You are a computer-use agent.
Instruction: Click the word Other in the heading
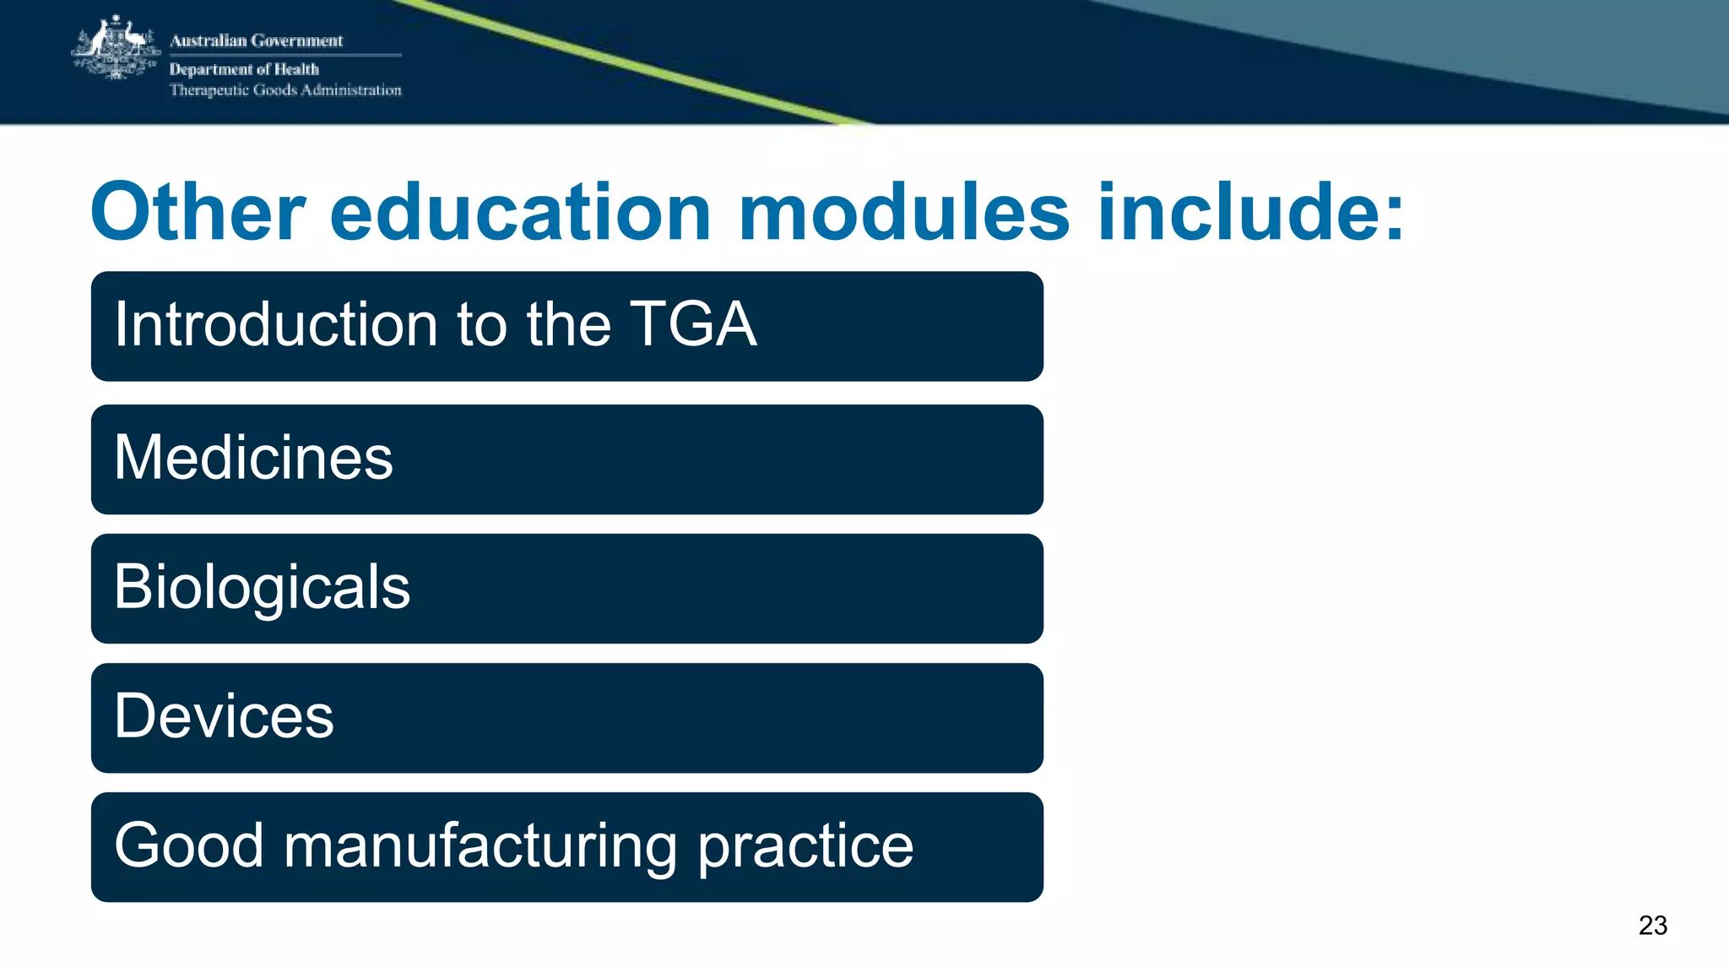(198, 212)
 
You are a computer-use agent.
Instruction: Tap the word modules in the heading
(903, 212)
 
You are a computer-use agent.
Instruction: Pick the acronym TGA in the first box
(692, 325)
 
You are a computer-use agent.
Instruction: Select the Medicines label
(253, 458)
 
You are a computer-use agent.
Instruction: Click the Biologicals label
(262, 588)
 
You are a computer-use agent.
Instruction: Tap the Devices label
(224, 717)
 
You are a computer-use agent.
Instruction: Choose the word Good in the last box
(189, 845)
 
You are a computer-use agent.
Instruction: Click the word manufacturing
(480, 847)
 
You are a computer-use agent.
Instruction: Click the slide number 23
(1652, 926)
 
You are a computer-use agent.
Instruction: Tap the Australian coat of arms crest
(116, 49)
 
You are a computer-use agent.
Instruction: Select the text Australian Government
(256, 41)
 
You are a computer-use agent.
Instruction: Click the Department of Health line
(244, 69)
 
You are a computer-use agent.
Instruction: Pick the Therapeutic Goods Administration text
(285, 90)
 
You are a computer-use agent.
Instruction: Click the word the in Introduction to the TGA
(568, 325)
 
